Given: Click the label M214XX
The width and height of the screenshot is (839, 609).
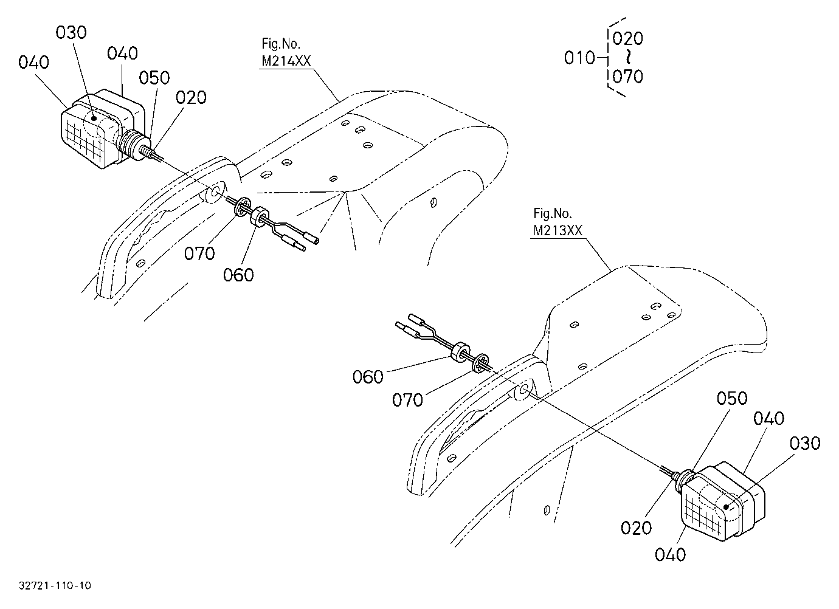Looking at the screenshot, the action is [x=286, y=61].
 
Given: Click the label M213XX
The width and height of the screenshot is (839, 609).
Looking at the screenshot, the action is [x=558, y=230].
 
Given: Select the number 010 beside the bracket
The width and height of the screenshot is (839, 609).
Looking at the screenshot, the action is [x=579, y=58].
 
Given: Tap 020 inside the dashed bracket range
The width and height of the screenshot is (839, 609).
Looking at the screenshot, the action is [x=628, y=38].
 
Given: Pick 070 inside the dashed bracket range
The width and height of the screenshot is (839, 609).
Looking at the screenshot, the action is [x=628, y=77].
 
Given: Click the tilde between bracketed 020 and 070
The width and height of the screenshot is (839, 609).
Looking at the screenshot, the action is [x=628, y=57].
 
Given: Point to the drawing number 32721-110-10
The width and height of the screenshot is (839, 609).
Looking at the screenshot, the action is [x=55, y=585].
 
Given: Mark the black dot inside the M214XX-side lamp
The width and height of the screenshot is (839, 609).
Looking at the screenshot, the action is [x=94, y=119].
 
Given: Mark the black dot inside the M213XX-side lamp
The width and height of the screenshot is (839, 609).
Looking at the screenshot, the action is [x=725, y=507].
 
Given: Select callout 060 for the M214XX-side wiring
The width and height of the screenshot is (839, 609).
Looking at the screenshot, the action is [x=238, y=275].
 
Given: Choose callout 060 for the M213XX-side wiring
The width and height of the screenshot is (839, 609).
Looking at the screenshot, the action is [x=368, y=377].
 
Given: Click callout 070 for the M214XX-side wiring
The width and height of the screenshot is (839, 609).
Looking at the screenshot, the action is [x=199, y=253].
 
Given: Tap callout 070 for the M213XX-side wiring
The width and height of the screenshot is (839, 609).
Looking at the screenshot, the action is [x=407, y=400].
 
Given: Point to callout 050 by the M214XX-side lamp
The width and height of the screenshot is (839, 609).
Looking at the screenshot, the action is [x=154, y=78].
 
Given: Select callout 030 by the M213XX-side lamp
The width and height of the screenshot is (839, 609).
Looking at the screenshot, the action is [x=805, y=444].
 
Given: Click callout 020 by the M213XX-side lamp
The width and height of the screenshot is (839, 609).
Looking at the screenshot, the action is [x=636, y=528].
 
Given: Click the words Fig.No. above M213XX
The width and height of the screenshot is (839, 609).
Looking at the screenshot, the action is [x=553, y=213].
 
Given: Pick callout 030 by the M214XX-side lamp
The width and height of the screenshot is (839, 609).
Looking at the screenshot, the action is [x=71, y=33].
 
